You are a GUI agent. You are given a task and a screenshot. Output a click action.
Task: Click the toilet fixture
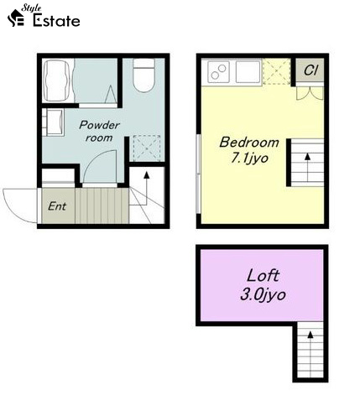pyautogui.click(x=143, y=75)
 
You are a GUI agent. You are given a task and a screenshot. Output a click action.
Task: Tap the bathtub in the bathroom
pyautogui.click(x=56, y=81)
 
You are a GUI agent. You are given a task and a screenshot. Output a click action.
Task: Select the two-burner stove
pyautogui.click(x=219, y=72)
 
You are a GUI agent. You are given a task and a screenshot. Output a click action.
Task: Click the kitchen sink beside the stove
pyautogui.click(x=248, y=72)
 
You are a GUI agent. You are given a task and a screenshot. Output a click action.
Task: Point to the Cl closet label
pyautogui.click(x=310, y=70)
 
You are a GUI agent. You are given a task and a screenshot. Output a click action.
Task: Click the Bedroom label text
pyautogui.click(x=249, y=143)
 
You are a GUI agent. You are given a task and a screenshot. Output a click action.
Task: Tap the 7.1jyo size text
pyautogui.click(x=249, y=159)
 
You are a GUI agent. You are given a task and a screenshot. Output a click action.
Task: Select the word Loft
pyautogui.click(x=263, y=276)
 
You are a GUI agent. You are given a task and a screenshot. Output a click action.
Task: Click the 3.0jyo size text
pyautogui.click(x=263, y=294)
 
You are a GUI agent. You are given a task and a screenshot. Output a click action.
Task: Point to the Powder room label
pyautogui.click(x=99, y=131)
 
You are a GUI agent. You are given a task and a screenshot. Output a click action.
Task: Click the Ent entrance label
pyautogui.click(x=57, y=206)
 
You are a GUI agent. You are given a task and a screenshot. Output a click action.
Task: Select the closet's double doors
pyautogui.click(x=310, y=93)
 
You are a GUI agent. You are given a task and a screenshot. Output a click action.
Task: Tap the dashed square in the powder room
pyautogui.click(x=147, y=148)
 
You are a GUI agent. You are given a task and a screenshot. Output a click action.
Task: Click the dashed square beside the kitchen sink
pyautogui.click(x=277, y=71)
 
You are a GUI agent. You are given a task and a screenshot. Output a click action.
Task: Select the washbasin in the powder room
pyautogui.click(x=54, y=122)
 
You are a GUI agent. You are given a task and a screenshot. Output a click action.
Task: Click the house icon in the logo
pyautogui.click(x=16, y=18)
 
